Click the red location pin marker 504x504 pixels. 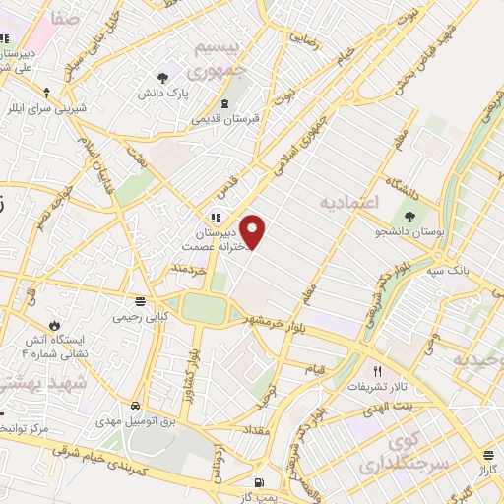click(x=254, y=231)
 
